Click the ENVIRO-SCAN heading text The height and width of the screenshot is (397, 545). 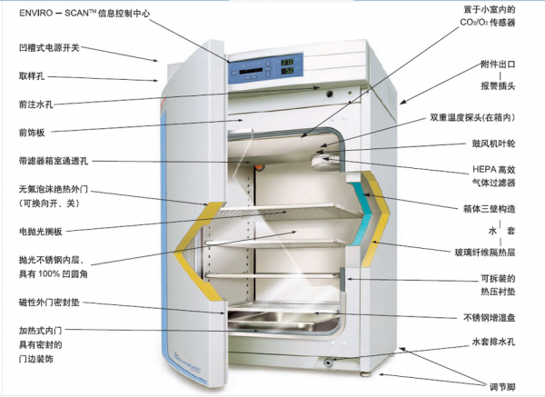(90, 12)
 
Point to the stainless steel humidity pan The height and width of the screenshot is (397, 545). (277, 321)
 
